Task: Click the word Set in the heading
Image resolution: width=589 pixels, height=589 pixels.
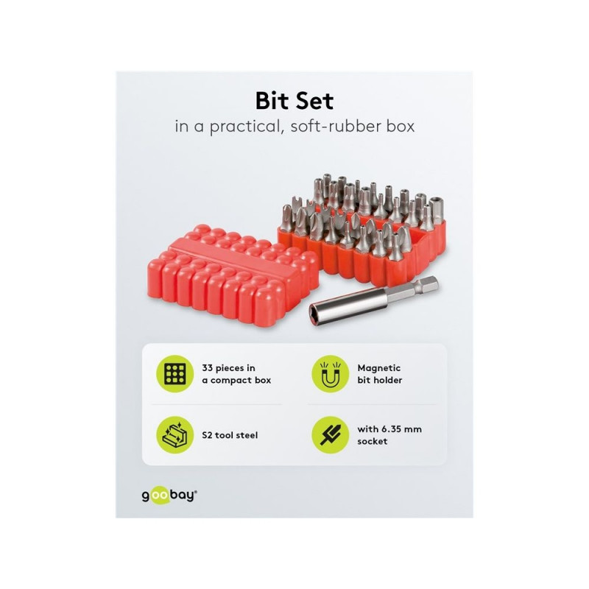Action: click(x=314, y=101)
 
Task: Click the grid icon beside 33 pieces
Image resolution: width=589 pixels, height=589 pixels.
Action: click(x=174, y=374)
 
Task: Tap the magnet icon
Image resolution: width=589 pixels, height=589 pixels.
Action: click(x=330, y=374)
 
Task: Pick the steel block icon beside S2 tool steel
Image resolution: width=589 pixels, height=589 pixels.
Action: click(x=174, y=435)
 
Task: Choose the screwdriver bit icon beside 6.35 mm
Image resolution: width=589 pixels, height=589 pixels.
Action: click(x=330, y=435)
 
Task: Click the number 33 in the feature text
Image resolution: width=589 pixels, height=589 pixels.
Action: click(x=208, y=367)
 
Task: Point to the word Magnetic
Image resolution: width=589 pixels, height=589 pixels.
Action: click(x=379, y=368)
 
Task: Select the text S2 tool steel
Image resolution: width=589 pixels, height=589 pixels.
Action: click(x=230, y=435)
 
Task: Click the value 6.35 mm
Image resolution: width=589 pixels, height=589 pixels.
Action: click(x=401, y=429)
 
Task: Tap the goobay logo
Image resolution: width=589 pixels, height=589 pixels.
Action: click(x=169, y=495)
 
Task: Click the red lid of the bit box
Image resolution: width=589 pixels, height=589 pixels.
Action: click(x=233, y=275)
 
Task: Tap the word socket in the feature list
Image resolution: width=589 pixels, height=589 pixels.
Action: click(x=373, y=441)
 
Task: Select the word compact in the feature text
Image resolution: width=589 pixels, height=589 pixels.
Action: click(x=231, y=381)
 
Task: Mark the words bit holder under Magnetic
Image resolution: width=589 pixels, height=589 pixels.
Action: click(x=380, y=380)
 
